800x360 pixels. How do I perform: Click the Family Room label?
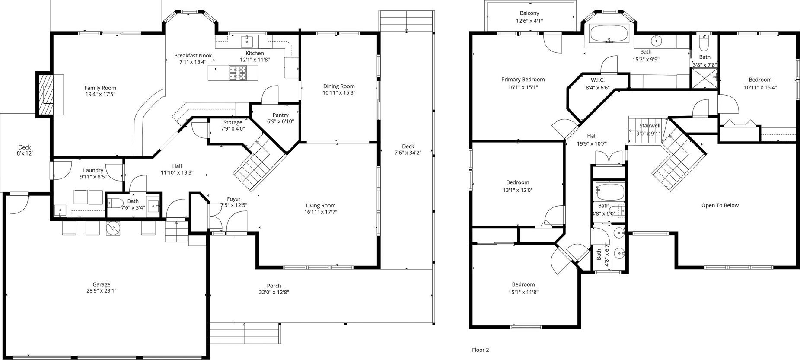click(x=100, y=88)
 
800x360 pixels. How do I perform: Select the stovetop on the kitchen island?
click(x=238, y=73)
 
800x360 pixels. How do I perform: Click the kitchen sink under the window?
click(x=247, y=41)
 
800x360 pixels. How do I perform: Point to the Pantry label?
click(x=280, y=115)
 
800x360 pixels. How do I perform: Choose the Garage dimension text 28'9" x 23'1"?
click(x=102, y=290)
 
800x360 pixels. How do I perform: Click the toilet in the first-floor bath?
click(x=115, y=203)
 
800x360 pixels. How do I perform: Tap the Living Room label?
click(x=321, y=206)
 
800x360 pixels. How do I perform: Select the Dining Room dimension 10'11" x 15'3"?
click(x=339, y=92)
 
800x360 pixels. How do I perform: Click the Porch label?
click(x=274, y=286)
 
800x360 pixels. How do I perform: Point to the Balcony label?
click(x=529, y=13)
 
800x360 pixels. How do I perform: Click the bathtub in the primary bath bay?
click(x=610, y=34)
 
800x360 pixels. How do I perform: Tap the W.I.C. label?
click(x=598, y=80)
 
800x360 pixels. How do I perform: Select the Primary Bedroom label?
click(x=523, y=80)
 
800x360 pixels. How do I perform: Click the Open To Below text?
click(x=720, y=205)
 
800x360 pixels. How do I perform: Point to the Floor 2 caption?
click(x=480, y=350)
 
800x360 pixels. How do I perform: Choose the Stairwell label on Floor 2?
click(x=650, y=126)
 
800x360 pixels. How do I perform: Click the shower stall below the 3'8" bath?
click(x=704, y=79)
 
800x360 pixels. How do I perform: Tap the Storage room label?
click(x=233, y=122)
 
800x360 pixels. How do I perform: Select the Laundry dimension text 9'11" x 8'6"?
click(x=93, y=176)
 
